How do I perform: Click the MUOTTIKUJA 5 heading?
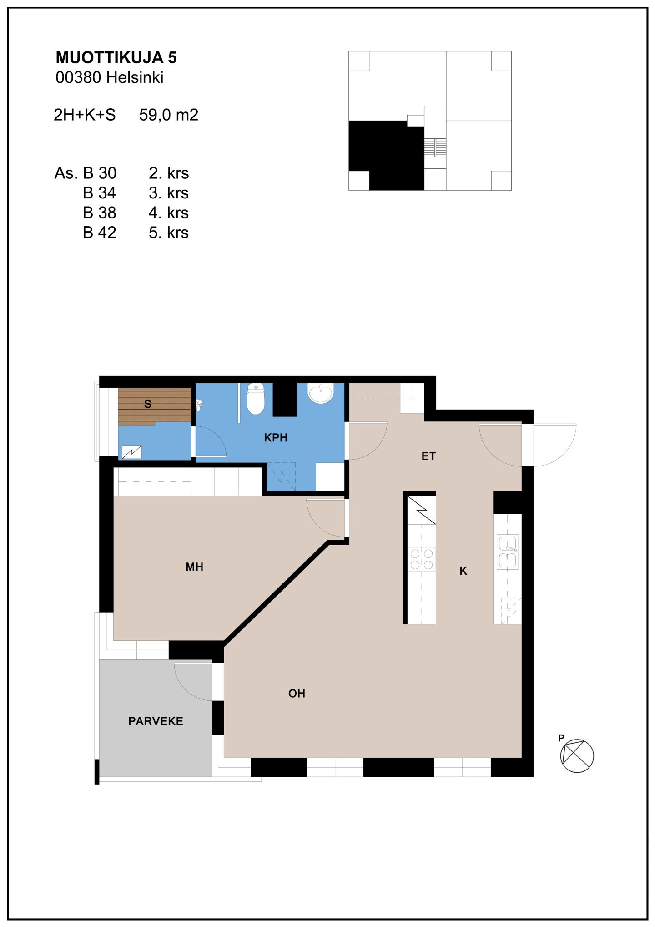(116, 57)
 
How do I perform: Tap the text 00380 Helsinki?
(109, 77)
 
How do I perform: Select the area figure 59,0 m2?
(169, 115)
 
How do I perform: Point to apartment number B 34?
(99, 193)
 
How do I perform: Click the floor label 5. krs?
(168, 233)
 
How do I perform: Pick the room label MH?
(194, 567)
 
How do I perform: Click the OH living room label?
(297, 693)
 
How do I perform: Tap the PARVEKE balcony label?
(156, 721)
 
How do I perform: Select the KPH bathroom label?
(276, 437)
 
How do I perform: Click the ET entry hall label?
(428, 456)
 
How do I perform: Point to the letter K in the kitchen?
(463, 571)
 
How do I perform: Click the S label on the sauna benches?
(147, 404)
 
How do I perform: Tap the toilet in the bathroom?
(256, 399)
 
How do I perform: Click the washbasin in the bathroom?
(321, 393)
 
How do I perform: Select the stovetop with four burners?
(422, 559)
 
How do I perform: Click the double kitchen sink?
(508, 552)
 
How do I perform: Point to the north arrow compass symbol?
(577, 756)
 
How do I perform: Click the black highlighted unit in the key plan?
(387, 155)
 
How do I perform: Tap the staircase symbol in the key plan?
(435, 148)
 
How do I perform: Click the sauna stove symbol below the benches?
(132, 452)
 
